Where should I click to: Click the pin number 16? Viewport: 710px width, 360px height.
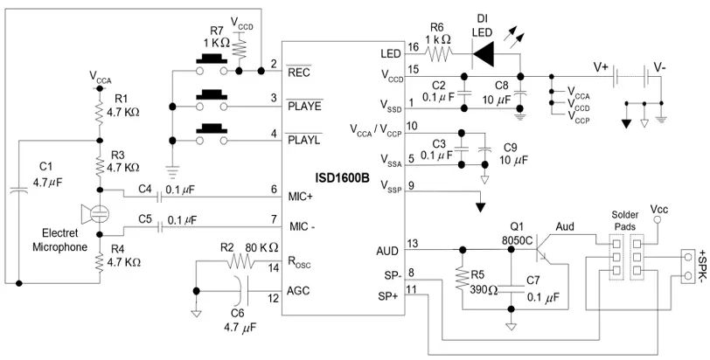click(x=412, y=46)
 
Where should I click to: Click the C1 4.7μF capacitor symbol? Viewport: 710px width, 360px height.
click(x=17, y=188)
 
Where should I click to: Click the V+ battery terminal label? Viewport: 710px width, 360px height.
click(x=601, y=66)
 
